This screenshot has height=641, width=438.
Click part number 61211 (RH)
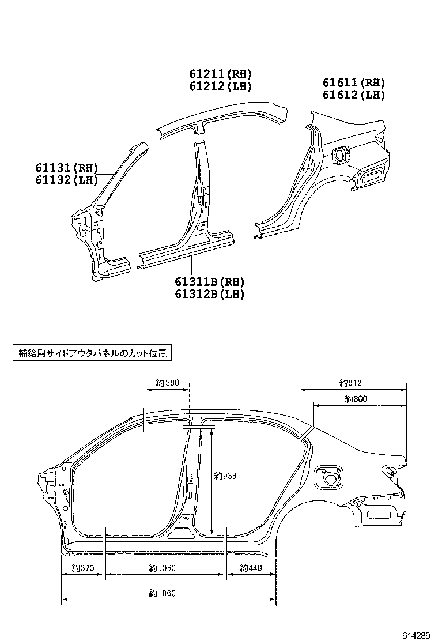click(x=220, y=74)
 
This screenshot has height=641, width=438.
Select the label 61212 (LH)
click(x=220, y=87)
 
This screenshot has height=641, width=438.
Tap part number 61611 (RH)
click(x=353, y=83)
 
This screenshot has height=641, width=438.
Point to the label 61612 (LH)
click(x=353, y=96)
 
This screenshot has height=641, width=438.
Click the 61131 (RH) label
click(x=66, y=168)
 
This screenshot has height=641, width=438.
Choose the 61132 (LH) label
click(x=66, y=180)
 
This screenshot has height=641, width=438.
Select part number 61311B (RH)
click(x=210, y=282)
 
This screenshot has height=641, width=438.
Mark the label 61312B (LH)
click(x=210, y=294)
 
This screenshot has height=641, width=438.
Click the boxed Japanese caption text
click(x=92, y=353)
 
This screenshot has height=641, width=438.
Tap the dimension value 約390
click(x=168, y=383)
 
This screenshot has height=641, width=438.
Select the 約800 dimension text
click(x=356, y=398)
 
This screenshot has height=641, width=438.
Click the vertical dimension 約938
click(x=225, y=476)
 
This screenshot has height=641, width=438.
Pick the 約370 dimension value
click(x=83, y=568)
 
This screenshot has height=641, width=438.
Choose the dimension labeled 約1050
click(x=162, y=568)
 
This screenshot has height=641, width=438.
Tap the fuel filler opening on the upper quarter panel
click(x=341, y=155)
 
